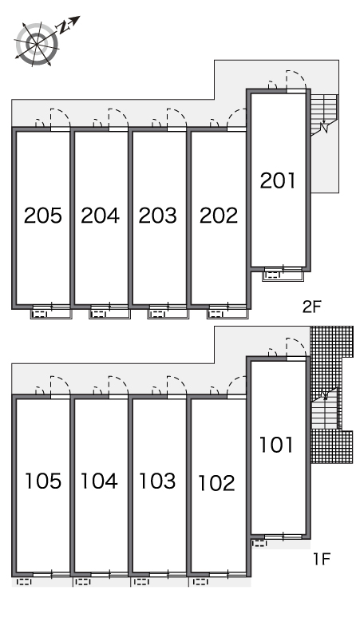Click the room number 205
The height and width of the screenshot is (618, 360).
pos(43,216)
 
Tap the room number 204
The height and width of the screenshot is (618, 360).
pos(100,216)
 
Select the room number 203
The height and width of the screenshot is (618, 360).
pos(157,216)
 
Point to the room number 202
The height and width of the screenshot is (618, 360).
pos(219,216)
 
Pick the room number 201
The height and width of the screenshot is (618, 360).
pos(277,180)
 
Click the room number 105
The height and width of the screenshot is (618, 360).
pos(43,481)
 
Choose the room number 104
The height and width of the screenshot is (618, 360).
pos(99,481)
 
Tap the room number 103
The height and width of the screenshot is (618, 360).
pos(157,481)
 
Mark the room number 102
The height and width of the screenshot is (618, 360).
pos(216,483)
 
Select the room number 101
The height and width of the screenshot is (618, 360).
pos(275,445)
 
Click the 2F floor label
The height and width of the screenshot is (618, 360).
pos(312,307)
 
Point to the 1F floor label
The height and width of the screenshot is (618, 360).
pos(322,559)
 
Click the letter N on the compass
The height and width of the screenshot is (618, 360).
pos(63,27)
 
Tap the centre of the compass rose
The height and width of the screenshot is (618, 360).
pos(38,43)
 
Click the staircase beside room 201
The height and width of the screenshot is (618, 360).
pos(324,115)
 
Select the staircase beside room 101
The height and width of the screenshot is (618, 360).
pos(326,409)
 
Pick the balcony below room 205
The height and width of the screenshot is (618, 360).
pos(52,314)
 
